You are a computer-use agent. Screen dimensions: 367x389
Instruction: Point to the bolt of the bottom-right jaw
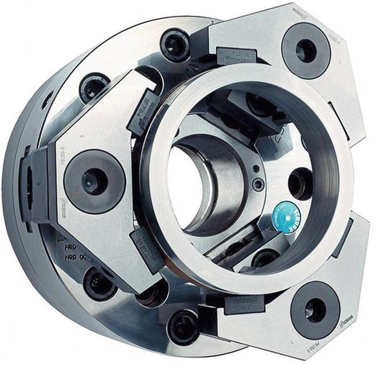(314, 309)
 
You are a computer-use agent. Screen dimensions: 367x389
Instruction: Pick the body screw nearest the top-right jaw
(175, 45)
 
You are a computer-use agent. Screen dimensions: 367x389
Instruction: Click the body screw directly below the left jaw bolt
(99, 282)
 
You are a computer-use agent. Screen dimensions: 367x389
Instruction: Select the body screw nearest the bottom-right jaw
(183, 326)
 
